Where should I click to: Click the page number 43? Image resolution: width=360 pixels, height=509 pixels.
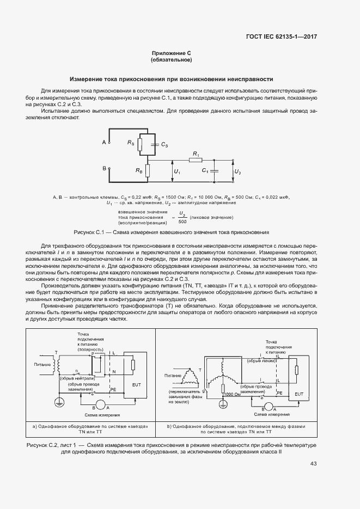point(313,464)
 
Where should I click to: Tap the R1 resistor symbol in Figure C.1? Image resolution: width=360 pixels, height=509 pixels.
point(194,160)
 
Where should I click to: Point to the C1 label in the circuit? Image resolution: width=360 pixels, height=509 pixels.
point(205,170)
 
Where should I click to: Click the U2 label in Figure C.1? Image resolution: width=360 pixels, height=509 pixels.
point(237,171)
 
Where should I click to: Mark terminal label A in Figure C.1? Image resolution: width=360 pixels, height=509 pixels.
point(103,142)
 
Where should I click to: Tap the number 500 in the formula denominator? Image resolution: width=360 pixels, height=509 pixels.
point(182,221)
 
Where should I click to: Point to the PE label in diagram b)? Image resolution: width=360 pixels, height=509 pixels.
point(279,391)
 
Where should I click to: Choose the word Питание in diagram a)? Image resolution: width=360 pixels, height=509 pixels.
point(42,364)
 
